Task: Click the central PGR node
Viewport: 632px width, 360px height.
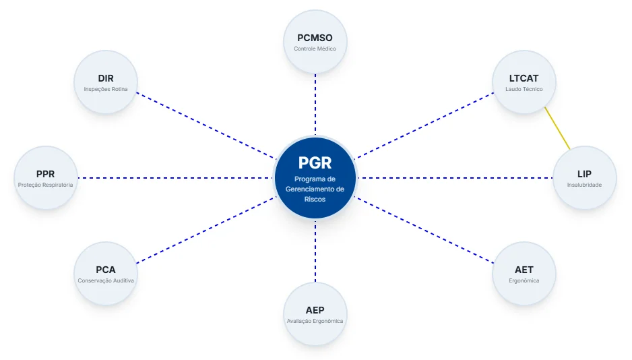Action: pyautogui.click(x=315, y=178)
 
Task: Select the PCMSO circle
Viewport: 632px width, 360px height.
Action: pyautogui.click(x=315, y=42)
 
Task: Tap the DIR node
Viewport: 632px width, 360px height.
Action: pyautogui.click(x=106, y=82)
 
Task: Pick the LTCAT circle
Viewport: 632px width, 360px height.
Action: pyautogui.click(x=524, y=82)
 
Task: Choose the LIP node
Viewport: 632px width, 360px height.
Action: pyautogui.click(x=584, y=178)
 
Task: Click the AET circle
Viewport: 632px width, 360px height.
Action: pyautogui.click(x=524, y=273)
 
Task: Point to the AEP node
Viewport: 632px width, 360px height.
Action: pyautogui.click(x=315, y=314)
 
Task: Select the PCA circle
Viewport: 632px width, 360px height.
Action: pyautogui.click(x=106, y=273)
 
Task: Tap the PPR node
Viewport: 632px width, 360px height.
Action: pyautogui.click(x=46, y=178)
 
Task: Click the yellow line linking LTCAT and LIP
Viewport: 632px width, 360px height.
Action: pyautogui.click(x=557, y=128)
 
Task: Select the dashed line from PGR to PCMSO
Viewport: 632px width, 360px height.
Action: pyautogui.click(x=315, y=104)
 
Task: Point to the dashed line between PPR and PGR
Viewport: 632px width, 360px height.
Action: pyautogui.click(x=175, y=178)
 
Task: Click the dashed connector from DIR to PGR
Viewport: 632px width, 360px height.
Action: pyautogui.click(x=206, y=126)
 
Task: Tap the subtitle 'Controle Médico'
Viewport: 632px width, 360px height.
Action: pyautogui.click(x=315, y=49)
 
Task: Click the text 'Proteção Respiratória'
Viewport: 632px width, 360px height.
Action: pyautogui.click(x=46, y=185)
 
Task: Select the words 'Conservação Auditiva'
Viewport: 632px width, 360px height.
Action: pyautogui.click(x=106, y=280)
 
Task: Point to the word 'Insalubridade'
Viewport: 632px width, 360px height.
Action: pyautogui.click(x=584, y=185)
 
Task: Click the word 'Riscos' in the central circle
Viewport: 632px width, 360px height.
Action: pyautogui.click(x=315, y=199)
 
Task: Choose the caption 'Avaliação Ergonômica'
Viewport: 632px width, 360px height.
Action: pyautogui.click(x=315, y=322)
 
